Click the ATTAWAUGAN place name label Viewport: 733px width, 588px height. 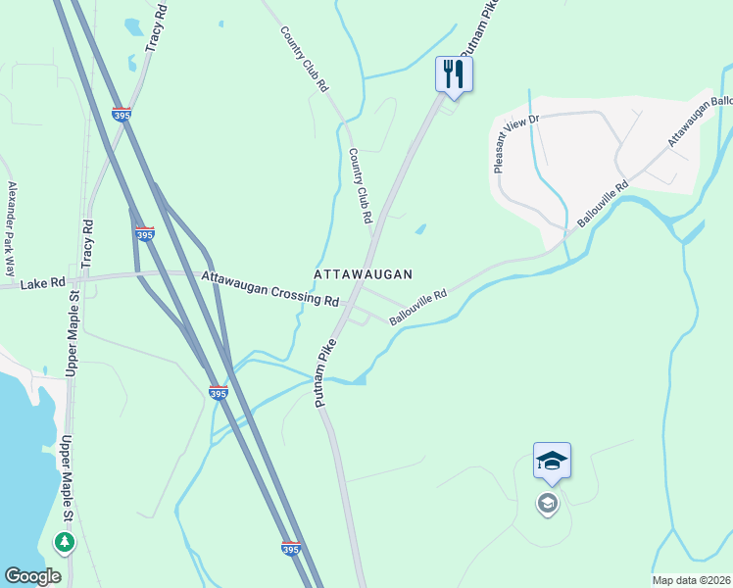[363, 275]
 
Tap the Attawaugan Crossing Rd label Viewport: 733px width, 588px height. [270, 289]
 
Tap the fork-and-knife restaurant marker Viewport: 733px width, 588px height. [454, 74]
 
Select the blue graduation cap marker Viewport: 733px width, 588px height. [552, 462]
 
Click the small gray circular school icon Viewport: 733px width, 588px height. [547, 504]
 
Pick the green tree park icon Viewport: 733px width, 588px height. [65, 541]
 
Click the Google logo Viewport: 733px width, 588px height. [32, 575]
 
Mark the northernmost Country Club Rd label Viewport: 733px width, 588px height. [304, 59]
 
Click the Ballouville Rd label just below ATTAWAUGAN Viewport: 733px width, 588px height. [418, 307]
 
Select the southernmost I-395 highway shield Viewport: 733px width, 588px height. [290, 549]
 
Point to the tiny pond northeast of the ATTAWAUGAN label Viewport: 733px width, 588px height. [419, 230]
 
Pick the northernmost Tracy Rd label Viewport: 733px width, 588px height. [156, 26]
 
